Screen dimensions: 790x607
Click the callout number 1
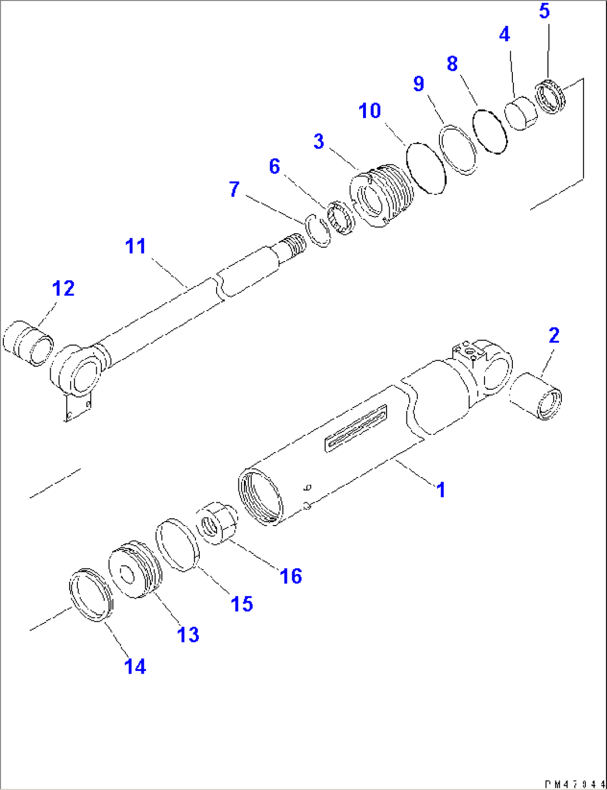[x=440, y=490]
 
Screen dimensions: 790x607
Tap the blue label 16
[x=291, y=576]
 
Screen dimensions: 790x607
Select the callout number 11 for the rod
[x=135, y=246]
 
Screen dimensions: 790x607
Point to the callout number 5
[x=544, y=11]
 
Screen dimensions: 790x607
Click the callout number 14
[x=135, y=666]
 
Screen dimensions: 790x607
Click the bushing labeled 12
[x=28, y=343]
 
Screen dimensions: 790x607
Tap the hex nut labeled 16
[x=218, y=523]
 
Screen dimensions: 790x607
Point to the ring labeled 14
[x=91, y=595]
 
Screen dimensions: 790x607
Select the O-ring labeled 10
[x=426, y=167]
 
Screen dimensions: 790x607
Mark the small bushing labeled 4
[x=521, y=114]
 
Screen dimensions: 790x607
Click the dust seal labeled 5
[x=550, y=97]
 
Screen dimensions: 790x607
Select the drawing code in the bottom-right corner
[x=573, y=783]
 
